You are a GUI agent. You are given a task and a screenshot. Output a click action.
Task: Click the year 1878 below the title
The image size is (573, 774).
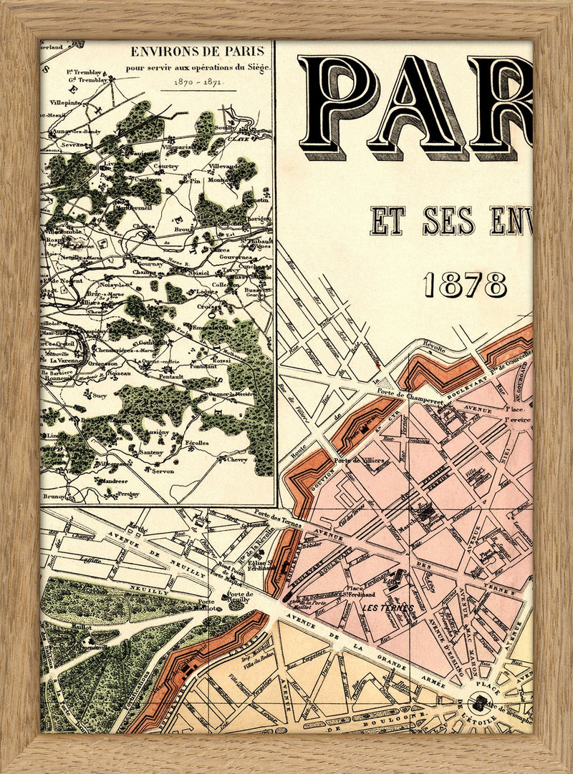465,285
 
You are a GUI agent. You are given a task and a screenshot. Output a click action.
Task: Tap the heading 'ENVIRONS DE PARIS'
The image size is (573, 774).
197,52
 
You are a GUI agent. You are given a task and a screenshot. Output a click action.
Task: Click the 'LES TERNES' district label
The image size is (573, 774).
389,609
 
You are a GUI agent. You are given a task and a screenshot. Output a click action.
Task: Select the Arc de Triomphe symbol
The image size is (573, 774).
478,703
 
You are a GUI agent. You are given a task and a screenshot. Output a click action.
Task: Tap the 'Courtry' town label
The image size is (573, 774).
167,166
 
